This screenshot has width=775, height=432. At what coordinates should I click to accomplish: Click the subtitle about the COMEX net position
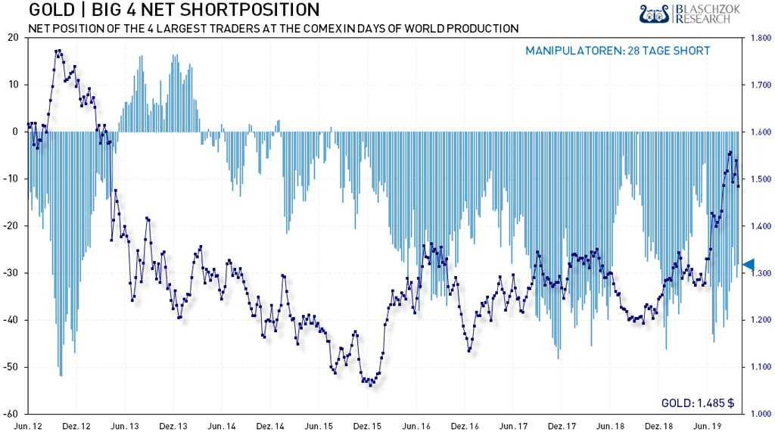tap(272, 29)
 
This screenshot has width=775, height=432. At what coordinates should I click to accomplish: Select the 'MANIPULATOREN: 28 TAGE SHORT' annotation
tap(618, 51)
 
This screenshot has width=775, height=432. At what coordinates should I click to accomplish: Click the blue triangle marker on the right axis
tap(748, 264)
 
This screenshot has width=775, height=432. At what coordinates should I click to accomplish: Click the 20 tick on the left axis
tap(13, 37)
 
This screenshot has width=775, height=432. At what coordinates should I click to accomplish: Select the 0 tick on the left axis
tap(16, 132)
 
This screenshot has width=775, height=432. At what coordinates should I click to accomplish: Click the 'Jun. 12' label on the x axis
tap(39, 425)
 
